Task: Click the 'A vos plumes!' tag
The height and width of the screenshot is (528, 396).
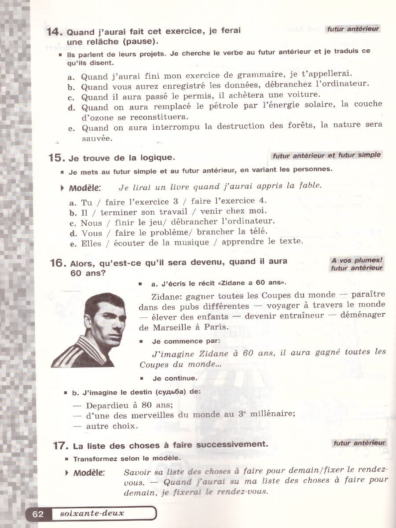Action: click(x=357, y=260)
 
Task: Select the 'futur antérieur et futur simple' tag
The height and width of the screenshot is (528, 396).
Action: click(x=326, y=155)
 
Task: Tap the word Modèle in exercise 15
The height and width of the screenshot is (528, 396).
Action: click(x=85, y=188)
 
